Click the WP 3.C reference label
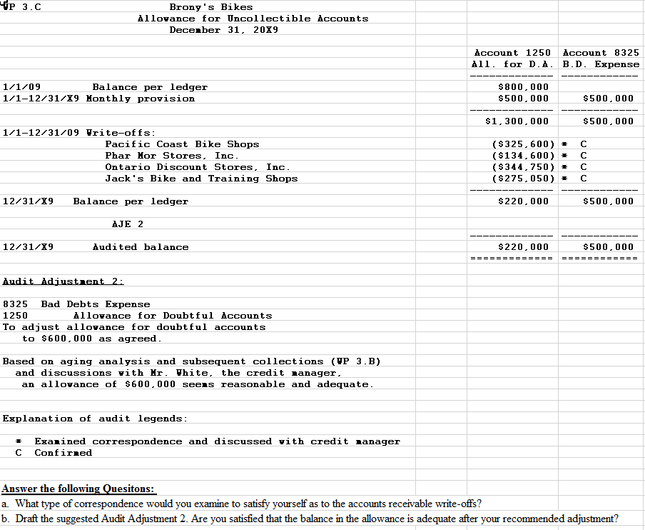[21, 7]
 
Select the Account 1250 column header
[512, 53]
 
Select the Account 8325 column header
[601, 53]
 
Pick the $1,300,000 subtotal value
[517, 121]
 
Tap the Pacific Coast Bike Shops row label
[182, 144]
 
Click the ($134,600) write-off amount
[524, 156]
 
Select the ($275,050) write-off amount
[524, 179]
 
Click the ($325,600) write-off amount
[524, 144]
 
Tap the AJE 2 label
[128, 224]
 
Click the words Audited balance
[141, 247]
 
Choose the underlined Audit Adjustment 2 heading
[54, 281]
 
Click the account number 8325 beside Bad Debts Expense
[16, 304]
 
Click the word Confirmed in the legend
[63, 453]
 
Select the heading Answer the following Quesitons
[78, 489]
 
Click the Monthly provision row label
[140, 99]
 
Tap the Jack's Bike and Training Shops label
[201, 179]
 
